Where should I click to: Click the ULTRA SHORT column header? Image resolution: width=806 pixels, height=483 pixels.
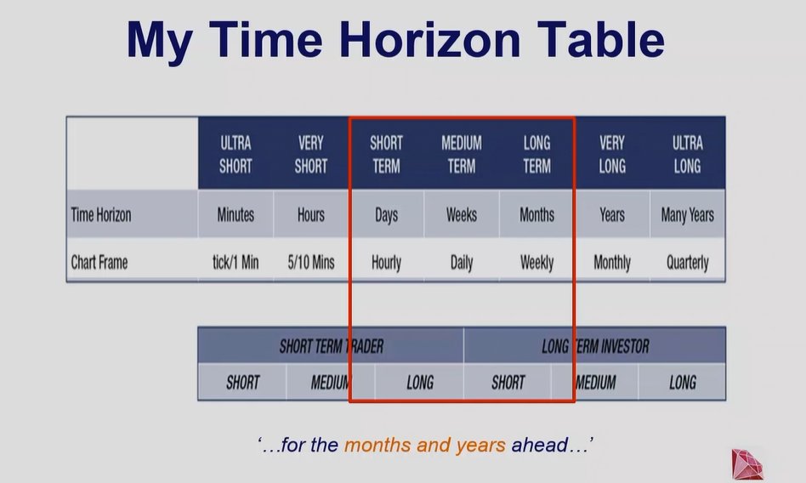coord(236,154)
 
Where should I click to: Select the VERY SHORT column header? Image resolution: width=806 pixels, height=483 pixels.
coord(310,154)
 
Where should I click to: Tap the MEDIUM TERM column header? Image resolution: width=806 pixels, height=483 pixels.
coord(462,154)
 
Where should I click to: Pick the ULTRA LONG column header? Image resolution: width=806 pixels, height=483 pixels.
coord(687,154)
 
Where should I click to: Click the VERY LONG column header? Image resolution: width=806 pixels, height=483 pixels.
coord(612,154)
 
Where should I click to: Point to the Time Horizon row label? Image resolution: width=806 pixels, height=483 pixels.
coord(101,215)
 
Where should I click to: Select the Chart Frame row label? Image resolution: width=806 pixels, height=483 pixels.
coord(99,262)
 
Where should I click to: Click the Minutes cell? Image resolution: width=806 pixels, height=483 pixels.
coord(236,215)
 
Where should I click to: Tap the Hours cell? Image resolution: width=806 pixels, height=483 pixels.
coord(310,215)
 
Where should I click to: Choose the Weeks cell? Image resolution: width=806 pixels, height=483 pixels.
coord(462,215)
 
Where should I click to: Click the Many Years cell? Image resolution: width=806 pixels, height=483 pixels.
coord(687,215)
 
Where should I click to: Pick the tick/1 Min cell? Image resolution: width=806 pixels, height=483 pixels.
coord(236,262)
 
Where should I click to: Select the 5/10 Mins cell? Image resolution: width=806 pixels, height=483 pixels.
coord(310,262)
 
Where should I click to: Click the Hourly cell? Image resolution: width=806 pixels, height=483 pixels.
coord(386,262)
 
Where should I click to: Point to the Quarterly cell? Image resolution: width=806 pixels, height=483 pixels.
coord(687,262)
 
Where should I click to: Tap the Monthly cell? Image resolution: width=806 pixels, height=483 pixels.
coord(612,262)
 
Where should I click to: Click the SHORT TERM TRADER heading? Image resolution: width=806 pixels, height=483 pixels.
coord(332,346)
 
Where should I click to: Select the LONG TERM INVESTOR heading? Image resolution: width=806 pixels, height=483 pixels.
coord(595,346)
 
